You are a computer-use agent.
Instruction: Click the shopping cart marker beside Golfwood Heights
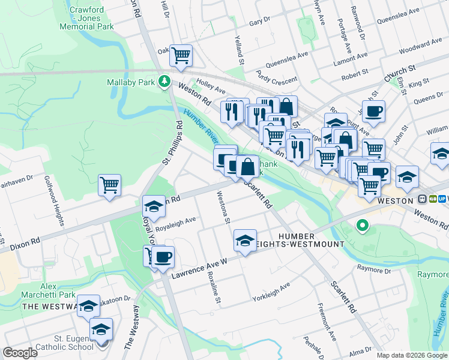(x=110, y=185)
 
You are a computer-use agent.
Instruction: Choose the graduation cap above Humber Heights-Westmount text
(x=245, y=241)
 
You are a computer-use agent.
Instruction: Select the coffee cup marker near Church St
(x=373, y=112)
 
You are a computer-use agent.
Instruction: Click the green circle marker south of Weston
(x=361, y=226)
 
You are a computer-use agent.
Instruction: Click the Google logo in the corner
(x=20, y=353)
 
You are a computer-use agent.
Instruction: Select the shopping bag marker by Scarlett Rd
(x=247, y=167)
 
